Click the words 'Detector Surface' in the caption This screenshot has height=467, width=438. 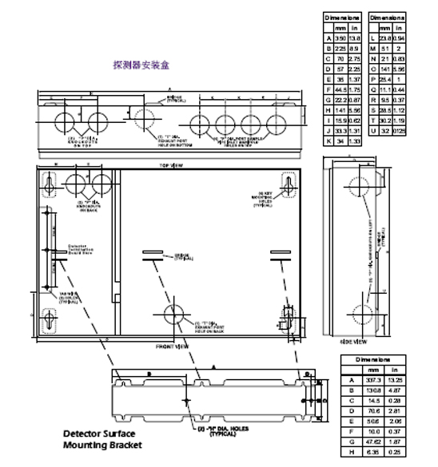pos(100,433)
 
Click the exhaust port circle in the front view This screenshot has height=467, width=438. pos(178,318)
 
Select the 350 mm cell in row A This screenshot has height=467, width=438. pos(339,38)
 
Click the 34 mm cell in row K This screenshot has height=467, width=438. pos(339,140)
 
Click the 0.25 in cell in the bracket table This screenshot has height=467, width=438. pos(393,451)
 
